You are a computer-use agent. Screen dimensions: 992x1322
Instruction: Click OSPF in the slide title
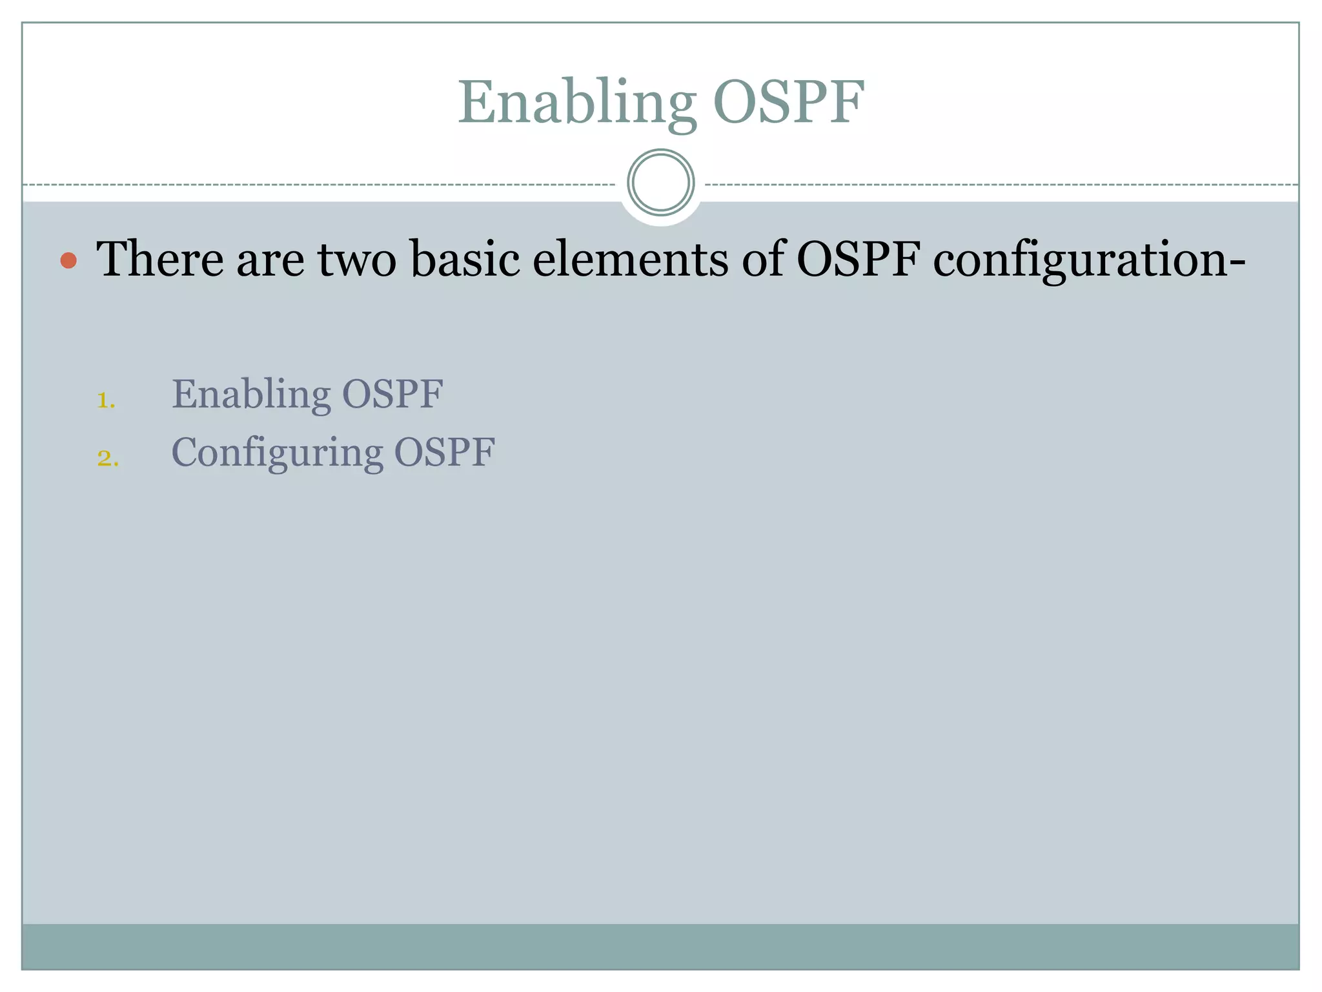pos(788,102)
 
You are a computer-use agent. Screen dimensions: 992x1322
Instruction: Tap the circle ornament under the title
pos(660,183)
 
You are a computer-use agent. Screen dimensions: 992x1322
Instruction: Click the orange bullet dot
pos(68,260)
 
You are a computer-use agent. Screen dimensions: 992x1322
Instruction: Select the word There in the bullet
pos(160,259)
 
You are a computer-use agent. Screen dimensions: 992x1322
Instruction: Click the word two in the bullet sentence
pos(357,259)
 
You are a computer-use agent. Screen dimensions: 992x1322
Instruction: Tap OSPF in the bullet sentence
pos(859,259)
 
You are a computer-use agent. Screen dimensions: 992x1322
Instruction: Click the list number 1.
pos(105,400)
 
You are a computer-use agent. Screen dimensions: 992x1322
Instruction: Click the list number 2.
pos(108,458)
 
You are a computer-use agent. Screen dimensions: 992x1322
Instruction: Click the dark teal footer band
pos(660,946)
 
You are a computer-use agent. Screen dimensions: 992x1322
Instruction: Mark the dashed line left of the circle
pos(323,185)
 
